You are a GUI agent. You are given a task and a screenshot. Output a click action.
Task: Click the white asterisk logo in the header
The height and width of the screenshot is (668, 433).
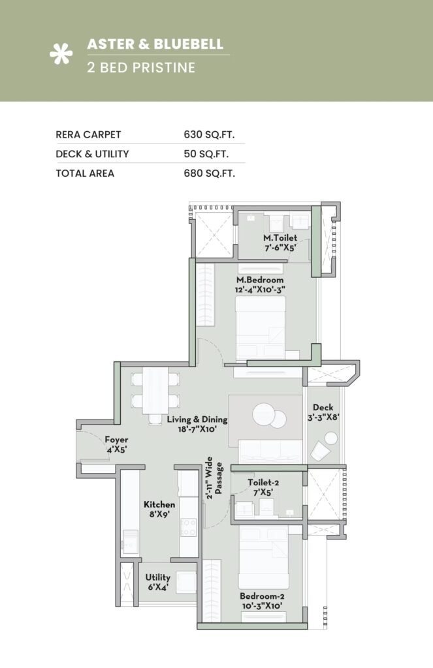coord(61,55)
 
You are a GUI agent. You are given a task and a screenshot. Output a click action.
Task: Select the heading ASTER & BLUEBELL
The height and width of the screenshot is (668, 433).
coord(155,44)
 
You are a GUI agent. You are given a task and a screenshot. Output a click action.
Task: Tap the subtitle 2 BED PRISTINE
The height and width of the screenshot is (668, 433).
coord(141,67)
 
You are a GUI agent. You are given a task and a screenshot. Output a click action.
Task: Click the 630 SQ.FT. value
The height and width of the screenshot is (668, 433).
coord(209,134)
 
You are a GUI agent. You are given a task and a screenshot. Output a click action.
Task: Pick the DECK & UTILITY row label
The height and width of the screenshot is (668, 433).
coord(92,154)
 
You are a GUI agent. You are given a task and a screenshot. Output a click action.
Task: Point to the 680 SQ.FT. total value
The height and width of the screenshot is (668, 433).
coord(209,173)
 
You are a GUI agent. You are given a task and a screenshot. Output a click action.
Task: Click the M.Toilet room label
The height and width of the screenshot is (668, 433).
coord(280,238)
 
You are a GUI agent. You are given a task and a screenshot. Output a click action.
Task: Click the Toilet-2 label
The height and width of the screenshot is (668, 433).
coord(264,483)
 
